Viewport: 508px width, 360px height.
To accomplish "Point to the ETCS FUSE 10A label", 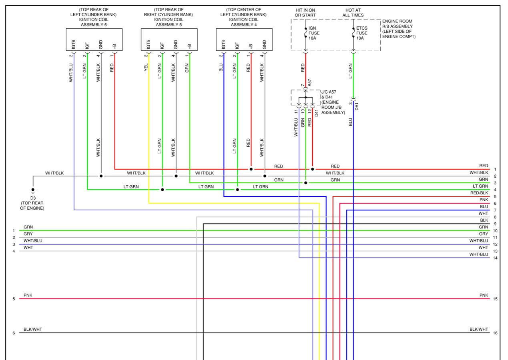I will [x=361, y=33].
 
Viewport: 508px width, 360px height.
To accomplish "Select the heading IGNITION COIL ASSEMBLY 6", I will [x=94, y=22].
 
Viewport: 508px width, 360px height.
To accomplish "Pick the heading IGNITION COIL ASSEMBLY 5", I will [x=169, y=22].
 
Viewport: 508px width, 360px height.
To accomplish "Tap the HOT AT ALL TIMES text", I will [x=353, y=12].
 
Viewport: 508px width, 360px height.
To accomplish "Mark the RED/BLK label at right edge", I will [x=479, y=193].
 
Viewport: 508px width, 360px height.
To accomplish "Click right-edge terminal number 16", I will [x=495, y=333].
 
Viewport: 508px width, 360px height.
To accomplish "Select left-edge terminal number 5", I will [x=14, y=299].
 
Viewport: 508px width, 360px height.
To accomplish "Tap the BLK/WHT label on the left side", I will [x=33, y=329].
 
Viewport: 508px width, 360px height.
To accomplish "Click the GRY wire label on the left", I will [x=28, y=234].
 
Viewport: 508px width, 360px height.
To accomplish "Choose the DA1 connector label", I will [x=357, y=106].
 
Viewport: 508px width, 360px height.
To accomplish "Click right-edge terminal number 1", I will [x=495, y=170].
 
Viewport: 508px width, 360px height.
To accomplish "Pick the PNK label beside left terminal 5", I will [x=28, y=295].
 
